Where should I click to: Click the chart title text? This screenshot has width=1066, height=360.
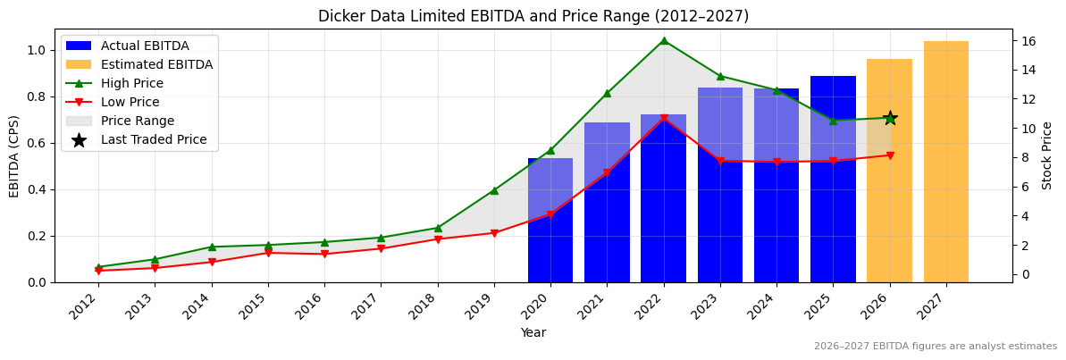click(x=533, y=16)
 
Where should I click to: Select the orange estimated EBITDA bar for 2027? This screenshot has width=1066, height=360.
click(x=945, y=162)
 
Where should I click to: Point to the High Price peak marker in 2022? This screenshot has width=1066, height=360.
click(x=663, y=40)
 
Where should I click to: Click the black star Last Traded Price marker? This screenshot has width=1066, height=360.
click(x=890, y=118)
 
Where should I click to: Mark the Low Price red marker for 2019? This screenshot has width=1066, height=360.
click(x=494, y=233)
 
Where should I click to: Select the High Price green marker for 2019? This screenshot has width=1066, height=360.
click(x=494, y=190)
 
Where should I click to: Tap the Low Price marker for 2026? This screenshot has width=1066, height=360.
click(x=890, y=155)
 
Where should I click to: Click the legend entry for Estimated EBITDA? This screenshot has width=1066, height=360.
click(x=156, y=64)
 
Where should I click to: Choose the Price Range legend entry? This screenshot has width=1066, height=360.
click(x=138, y=121)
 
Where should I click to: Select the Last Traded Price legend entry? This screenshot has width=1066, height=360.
click(x=153, y=139)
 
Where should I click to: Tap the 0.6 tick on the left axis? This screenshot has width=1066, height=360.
click(x=38, y=143)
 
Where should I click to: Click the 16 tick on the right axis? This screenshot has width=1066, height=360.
click(x=1028, y=41)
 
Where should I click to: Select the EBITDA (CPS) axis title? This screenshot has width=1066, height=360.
click(x=14, y=155)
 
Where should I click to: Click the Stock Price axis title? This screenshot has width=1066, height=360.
click(x=1047, y=155)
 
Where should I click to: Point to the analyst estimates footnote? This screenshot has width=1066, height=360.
click(x=935, y=347)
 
